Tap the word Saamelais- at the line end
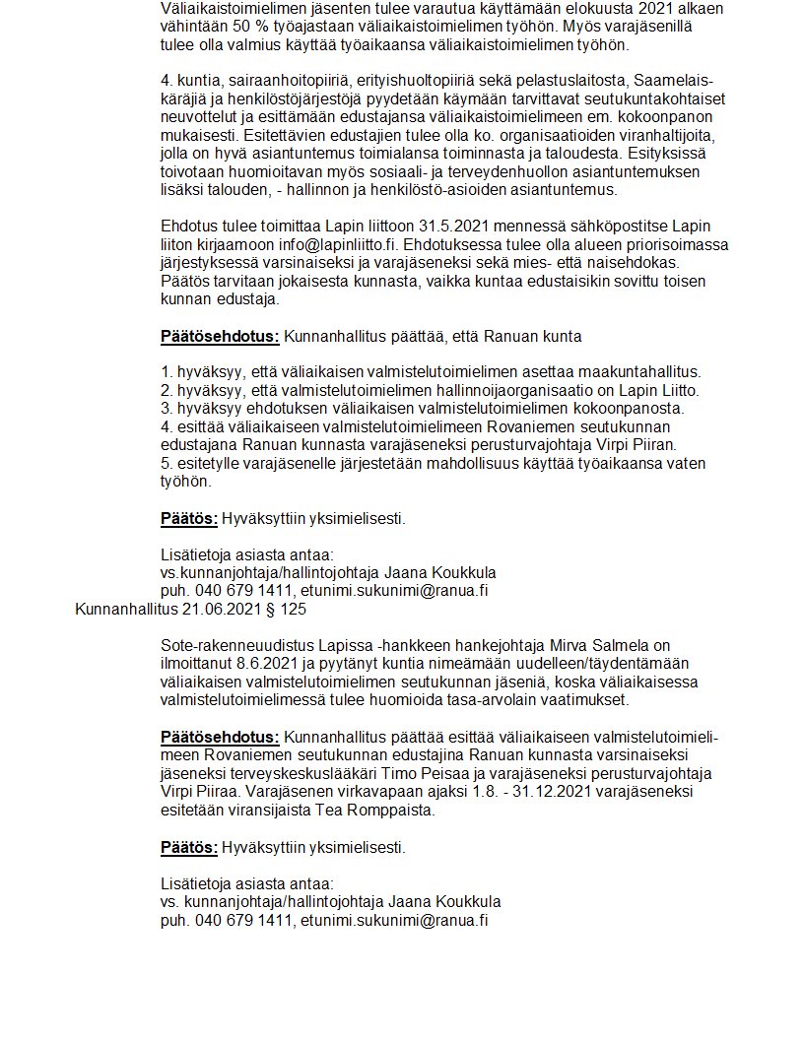tap(676, 79)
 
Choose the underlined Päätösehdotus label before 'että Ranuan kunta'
tap(220, 336)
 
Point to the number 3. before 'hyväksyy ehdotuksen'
tap(167, 408)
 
